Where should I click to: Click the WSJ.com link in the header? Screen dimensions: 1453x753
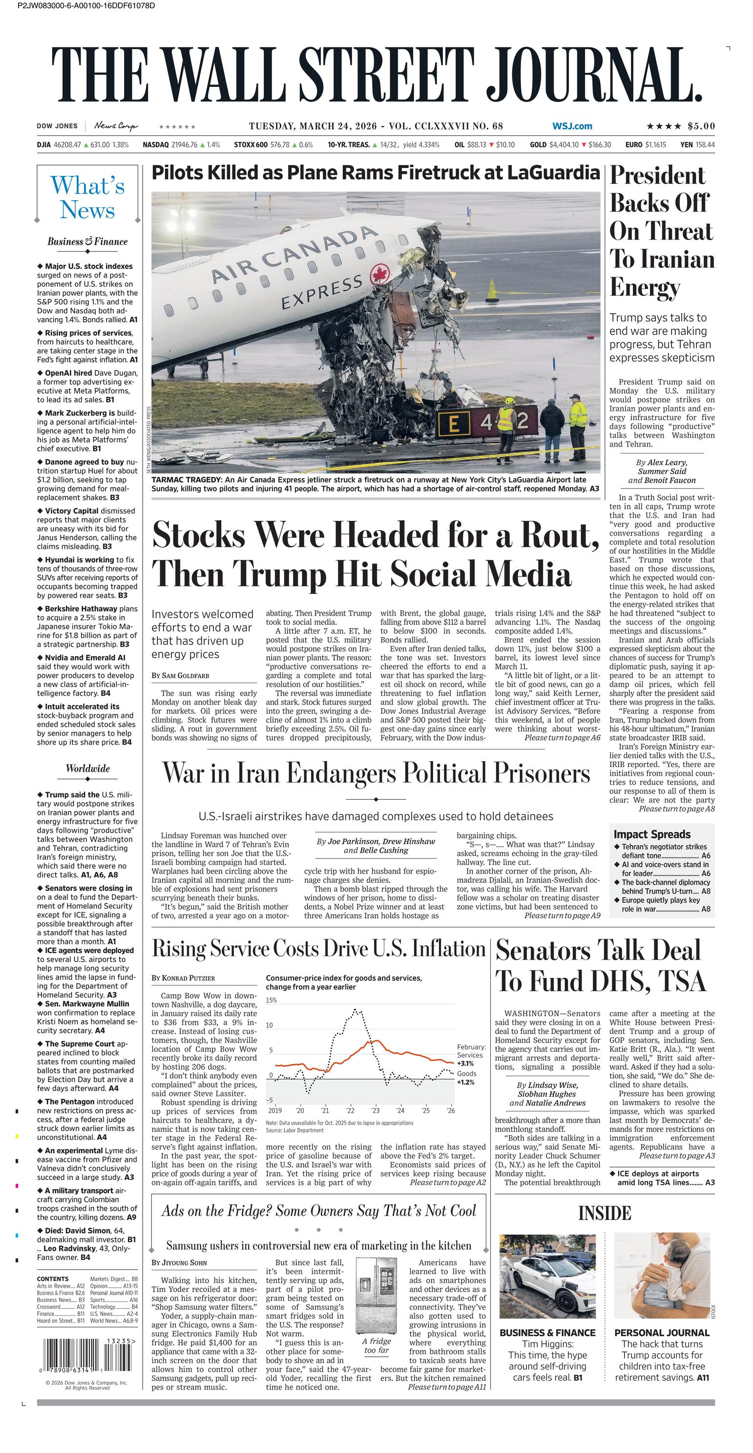point(572,127)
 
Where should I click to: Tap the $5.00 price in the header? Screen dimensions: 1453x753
point(701,127)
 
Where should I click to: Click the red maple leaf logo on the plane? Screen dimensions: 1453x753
point(380,275)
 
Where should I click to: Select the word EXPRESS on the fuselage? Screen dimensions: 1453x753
point(321,292)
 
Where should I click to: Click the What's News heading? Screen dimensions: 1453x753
point(87,197)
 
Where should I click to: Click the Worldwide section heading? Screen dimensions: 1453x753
point(87,768)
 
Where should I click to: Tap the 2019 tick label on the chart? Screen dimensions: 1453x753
point(274,1111)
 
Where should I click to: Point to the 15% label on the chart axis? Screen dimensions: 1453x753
point(271,1000)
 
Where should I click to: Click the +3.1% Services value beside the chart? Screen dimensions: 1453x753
point(465,1063)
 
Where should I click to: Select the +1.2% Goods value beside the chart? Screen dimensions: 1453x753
point(465,1082)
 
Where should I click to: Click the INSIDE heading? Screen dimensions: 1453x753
point(604,1213)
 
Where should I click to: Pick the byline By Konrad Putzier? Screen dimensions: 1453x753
point(183,978)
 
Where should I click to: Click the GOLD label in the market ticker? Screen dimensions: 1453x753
point(538,145)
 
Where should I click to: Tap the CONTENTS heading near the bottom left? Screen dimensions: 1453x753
point(52,1279)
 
